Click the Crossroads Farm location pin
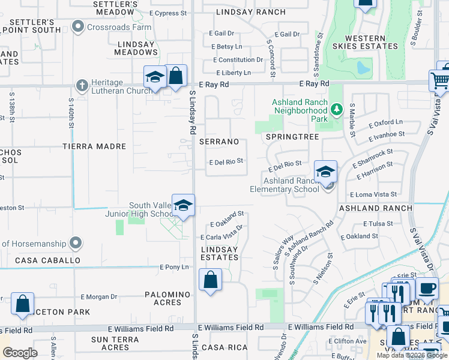(77, 27)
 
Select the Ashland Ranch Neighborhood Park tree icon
(337, 110)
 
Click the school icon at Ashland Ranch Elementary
(325, 172)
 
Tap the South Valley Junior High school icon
(183, 206)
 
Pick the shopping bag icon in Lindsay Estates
(210, 280)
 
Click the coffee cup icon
(426, 288)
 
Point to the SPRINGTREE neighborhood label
(293, 137)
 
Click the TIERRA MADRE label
(95, 146)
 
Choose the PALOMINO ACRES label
(167, 298)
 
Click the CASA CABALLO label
(47, 260)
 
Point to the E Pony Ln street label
(173, 267)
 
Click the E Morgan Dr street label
(99, 297)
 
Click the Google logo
(20, 352)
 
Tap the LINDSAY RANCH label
(252, 12)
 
